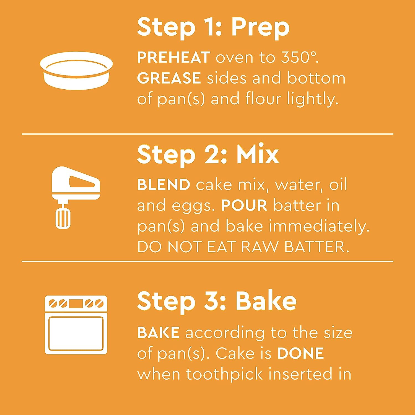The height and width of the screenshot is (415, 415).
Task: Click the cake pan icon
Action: pos(76,71)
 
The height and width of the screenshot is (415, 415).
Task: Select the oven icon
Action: pos(76,325)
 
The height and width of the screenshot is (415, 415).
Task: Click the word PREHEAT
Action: pos(174,58)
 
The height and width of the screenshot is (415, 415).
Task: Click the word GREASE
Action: pos(169,78)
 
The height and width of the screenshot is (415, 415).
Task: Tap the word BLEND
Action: pos(164,185)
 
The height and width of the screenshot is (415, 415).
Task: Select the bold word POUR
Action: pos(245,205)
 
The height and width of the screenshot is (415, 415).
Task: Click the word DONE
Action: pos(301,353)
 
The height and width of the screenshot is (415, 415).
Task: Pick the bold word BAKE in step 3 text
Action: pos(159,333)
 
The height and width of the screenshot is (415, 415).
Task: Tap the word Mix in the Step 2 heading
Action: pos(258,154)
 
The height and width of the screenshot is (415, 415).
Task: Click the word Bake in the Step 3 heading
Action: pos(266,301)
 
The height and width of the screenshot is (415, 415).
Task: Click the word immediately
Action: pos(319,227)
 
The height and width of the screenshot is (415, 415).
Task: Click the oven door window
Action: pos(76,333)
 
